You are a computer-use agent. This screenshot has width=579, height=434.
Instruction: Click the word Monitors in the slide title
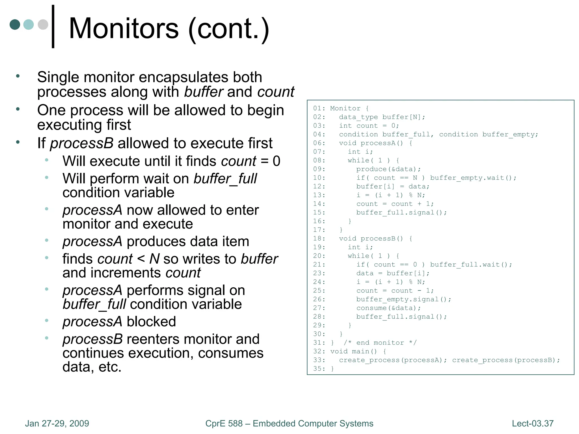tap(124, 29)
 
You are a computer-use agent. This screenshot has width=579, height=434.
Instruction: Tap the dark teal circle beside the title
tap(15, 25)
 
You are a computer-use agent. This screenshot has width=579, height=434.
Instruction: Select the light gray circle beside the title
tap(43, 25)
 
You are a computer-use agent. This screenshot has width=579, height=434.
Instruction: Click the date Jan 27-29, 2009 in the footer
tap(57, 424)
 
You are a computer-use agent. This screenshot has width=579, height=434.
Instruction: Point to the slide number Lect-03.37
tap(532, 424)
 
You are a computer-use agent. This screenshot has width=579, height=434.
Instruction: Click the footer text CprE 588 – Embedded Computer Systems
tap(289, 424)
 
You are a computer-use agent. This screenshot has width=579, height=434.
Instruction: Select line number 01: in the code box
tap(319, 108)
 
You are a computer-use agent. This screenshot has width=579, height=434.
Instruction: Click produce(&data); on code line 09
tap(388, 169)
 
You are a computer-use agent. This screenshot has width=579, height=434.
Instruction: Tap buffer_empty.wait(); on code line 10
tap(473, 178)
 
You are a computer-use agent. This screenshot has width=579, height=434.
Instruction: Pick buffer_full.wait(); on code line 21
tap(471, 265)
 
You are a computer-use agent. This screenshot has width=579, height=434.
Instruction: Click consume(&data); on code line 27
tap(388, 308)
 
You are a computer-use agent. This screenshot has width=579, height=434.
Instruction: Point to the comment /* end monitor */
tap(380, 343)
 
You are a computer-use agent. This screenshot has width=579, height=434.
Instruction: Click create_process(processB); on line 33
tap(506, 360)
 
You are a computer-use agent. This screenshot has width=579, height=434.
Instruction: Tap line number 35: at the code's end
tap(319, 369)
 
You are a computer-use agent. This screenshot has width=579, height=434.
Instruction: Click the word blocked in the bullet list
tap(151, 322)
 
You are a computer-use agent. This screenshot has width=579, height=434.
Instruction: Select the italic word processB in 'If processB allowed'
tap(82, 143)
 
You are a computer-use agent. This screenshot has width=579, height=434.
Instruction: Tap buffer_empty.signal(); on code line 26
tap(404, 300)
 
